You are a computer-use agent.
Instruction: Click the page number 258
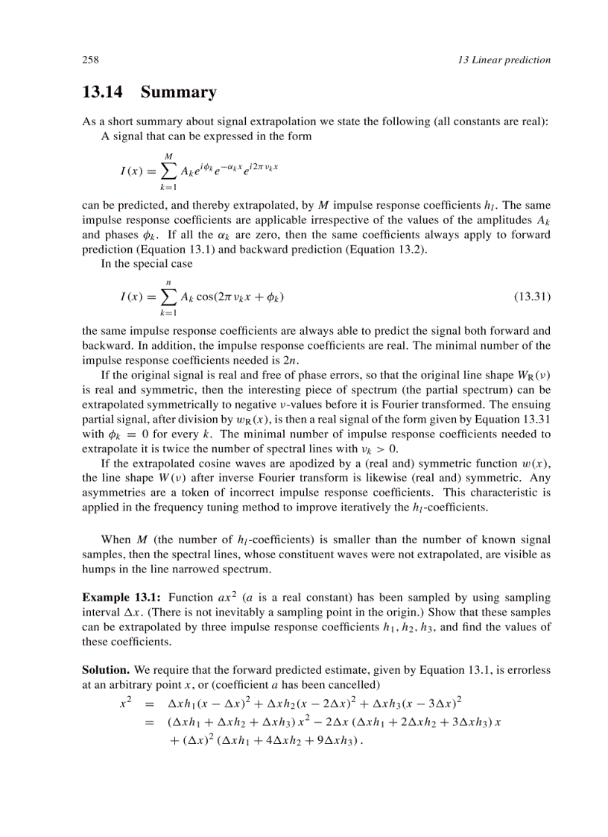click(91, 60)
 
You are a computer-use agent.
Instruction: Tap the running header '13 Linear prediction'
click(504, 60)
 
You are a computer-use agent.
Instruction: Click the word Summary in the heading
click(178, 92)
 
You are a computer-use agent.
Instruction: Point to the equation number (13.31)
click(532, 297)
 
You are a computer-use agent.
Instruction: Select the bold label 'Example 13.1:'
click(121, 598)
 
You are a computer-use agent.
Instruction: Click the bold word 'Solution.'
click(107, 670)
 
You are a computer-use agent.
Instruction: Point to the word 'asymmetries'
click(113, 493)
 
